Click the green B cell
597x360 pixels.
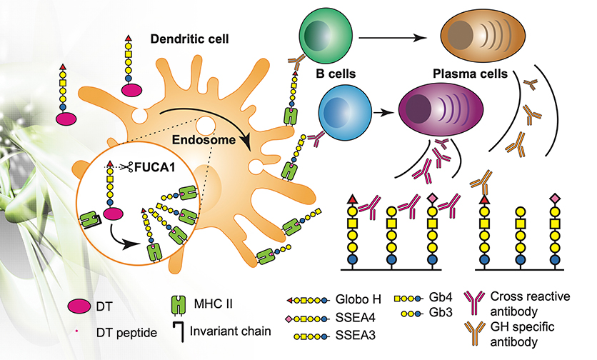[326, 32]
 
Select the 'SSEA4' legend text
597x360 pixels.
[348, 317]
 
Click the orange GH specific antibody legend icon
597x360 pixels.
[475, 333]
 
